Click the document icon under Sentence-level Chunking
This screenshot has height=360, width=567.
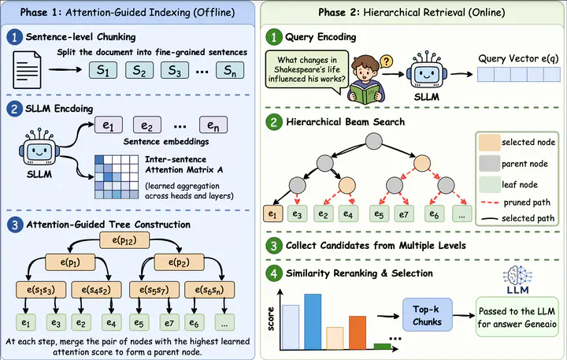tap(27, 70)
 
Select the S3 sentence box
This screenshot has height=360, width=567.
tap(175, 70)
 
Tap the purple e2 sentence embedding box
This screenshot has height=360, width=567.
tap(147, 125)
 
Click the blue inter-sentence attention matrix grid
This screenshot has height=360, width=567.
tap(117, 177)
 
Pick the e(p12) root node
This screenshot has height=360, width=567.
tap(124, 240)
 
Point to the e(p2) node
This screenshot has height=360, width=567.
tap(179, 262)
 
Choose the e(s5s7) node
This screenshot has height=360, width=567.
tap(154, 290)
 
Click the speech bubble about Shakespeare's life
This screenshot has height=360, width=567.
tap(307, 71)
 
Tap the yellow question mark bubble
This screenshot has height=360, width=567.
tap(386, 61)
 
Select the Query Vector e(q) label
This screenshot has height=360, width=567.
tap(518, 58)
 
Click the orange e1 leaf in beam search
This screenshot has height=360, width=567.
tap(272, 213)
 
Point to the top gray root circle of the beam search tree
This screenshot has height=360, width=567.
tap(374, 141)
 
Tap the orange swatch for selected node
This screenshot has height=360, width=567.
tap(489, 143)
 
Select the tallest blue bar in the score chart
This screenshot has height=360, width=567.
tap(313, 321)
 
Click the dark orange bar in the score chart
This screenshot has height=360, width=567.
tap(358, 333)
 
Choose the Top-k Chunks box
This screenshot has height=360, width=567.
tap(428, 315)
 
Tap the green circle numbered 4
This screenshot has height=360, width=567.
tap(274, 273)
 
